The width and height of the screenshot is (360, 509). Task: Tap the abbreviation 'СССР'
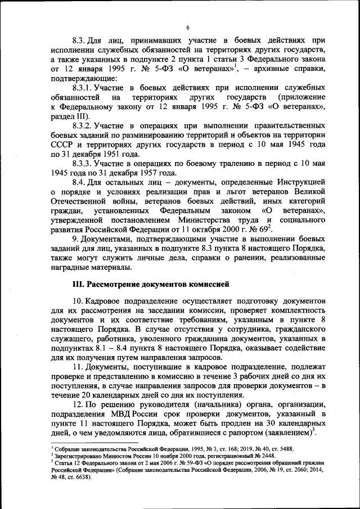click(x=63, y=144)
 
